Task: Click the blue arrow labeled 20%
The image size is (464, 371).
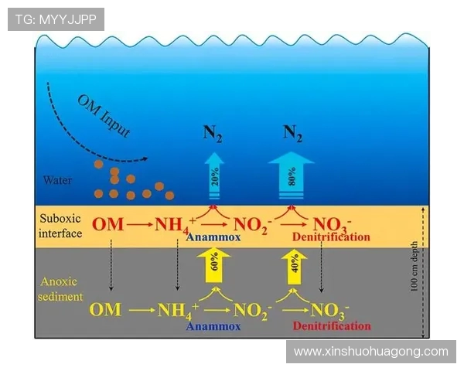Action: [214, 175]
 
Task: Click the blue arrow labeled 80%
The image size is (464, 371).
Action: [292, 175]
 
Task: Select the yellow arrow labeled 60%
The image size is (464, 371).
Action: [213, 265]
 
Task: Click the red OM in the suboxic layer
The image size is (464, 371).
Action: [107, 224]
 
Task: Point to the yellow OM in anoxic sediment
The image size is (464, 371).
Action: [105, 310]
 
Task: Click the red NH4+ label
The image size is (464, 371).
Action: [176, 226]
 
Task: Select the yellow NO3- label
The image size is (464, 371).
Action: [329, 311]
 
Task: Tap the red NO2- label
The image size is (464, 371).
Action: [253, 226]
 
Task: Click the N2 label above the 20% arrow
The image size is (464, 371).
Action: [213, 134]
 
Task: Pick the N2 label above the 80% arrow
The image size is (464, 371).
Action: [292, 133]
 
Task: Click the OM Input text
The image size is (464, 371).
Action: [104, 116]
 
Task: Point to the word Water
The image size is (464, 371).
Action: [57, 180]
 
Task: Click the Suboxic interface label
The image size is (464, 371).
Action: [60, 226]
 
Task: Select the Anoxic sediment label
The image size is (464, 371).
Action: [60, 289]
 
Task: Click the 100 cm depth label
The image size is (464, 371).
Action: [414, 266]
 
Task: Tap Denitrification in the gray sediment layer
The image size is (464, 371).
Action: [332, 325]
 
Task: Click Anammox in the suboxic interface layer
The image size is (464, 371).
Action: [213, 237]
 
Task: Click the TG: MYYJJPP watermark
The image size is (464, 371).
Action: [56, 19]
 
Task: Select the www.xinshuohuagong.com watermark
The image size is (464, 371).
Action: [371, 352]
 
